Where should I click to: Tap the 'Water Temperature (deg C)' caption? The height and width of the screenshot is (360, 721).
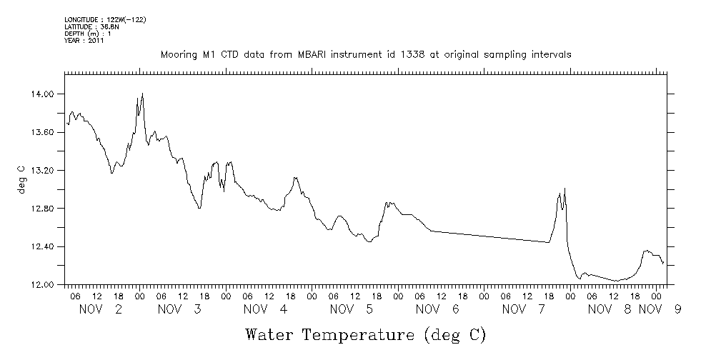pos(365,334)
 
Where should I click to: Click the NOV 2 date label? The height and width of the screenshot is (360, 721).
pos(101,309)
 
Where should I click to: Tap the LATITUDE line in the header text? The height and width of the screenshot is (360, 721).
pos(85,26)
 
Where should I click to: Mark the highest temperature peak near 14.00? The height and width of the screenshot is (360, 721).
pos(143,93)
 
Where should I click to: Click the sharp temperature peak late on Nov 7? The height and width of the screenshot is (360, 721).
pos(565,189)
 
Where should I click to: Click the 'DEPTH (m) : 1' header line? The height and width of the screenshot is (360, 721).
pos(86,34)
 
